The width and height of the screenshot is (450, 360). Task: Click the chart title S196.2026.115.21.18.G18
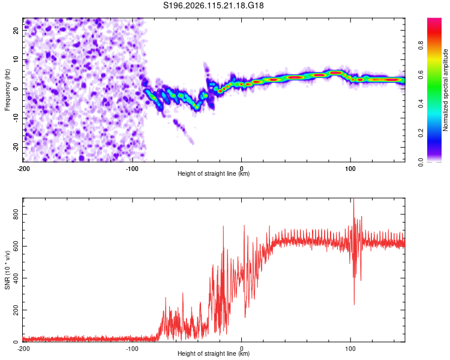(x=213, y=5)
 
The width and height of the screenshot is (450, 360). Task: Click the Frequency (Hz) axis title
(x=7, y=90)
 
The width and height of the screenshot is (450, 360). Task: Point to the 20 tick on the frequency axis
(x=16, y=30)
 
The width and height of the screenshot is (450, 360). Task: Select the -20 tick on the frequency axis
(x=16, y=147)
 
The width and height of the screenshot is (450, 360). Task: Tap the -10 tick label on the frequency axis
(x=16, y=118)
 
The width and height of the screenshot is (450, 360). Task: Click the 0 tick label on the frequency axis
(x=16, y=89)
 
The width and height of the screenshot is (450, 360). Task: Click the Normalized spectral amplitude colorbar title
(x=445, y=90)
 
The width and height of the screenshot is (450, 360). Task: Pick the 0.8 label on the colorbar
(x=421, y=46)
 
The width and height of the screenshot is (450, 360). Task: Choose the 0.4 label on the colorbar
(x=421, y=104)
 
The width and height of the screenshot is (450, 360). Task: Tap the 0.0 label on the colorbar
(x=421, y=162)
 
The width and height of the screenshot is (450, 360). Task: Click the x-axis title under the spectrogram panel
(x=214, y=173)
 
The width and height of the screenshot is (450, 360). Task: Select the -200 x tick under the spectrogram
(x=23, y=169)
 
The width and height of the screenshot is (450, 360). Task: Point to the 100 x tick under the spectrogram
(x=350, y=169)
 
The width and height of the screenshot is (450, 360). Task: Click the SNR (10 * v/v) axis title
(x=7, y=270)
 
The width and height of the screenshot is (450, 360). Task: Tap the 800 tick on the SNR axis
(x=16, y=214)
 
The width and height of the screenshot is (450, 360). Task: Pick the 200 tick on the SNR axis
(x=16, y=310)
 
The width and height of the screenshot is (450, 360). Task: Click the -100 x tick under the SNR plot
(x=133, y=349)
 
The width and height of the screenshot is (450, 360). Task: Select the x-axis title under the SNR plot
(x=214, y=353)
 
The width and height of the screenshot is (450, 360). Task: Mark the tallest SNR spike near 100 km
(x=353, y=199)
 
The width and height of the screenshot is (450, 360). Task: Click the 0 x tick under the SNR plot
(x=241, y=349)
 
